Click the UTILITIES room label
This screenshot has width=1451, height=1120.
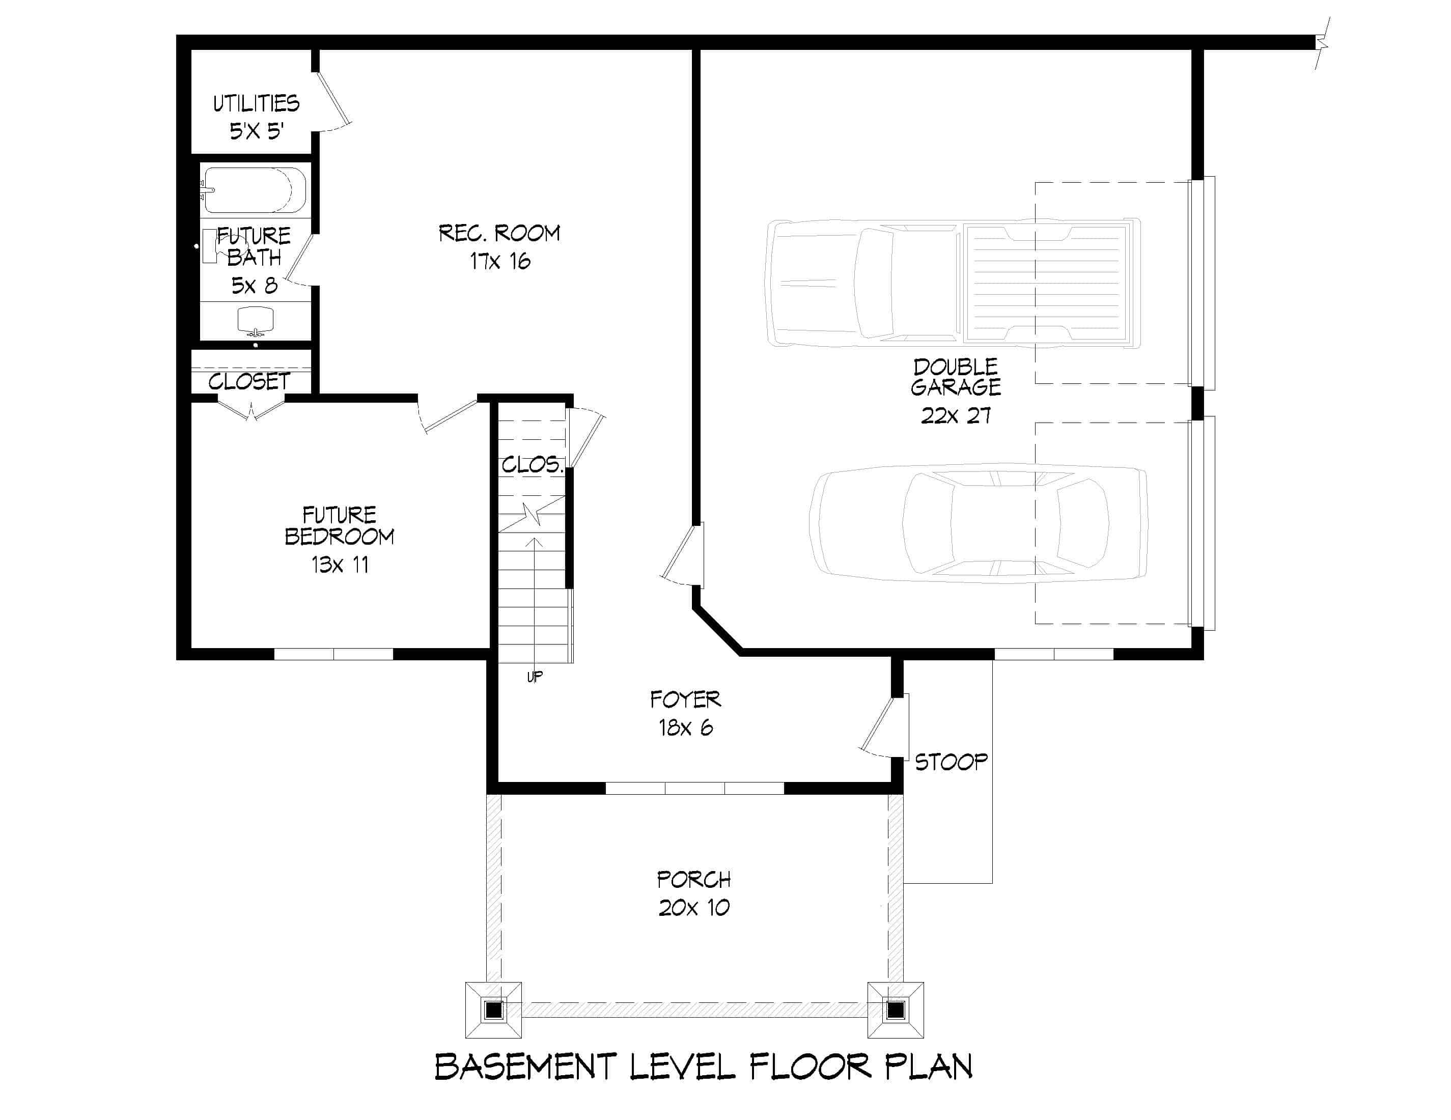pos(256,104)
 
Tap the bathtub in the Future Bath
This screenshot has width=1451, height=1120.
pos(254,190)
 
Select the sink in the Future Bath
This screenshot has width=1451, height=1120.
pos(255,320)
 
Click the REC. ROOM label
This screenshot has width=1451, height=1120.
pos(499,233)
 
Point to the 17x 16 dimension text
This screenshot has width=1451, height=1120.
pos(499,261)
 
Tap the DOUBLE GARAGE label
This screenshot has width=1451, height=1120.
pos(956,377)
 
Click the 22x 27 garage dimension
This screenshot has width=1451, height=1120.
pos(956,416)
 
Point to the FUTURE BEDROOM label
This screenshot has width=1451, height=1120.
pos(339,525)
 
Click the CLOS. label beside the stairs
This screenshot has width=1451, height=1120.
pos(532,465)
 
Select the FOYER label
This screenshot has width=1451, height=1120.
pos(685,699)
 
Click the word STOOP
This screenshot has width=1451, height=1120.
pos(951,762)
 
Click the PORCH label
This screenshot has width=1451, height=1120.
pos(693,880)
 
